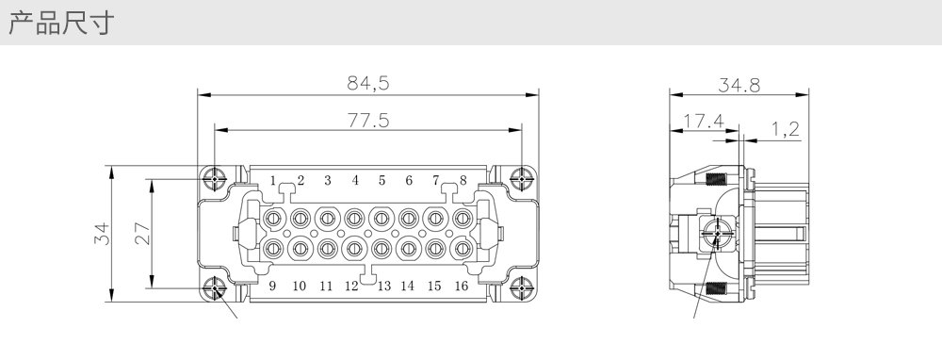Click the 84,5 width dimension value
(367, 83)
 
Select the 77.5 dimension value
(368, 121)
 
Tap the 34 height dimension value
(103, 233)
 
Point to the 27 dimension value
(142, 233)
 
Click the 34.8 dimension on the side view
(739, 86)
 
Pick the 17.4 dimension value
(703, 122)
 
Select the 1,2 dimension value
(786, 129)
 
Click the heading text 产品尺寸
(60, 24)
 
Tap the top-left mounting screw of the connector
(215, 178)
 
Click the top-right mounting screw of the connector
(521, 178)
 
